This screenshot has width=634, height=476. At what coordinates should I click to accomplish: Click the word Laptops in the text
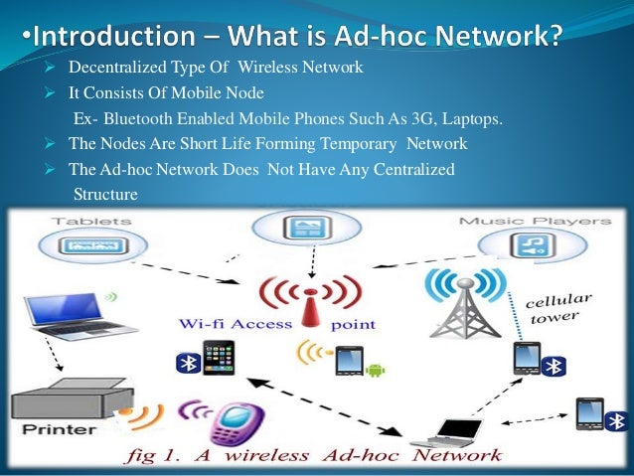coord(475,120)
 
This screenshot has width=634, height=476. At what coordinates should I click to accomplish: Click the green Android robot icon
coord(375,371)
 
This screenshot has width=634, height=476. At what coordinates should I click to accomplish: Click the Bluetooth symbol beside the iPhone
coord(184,364)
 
